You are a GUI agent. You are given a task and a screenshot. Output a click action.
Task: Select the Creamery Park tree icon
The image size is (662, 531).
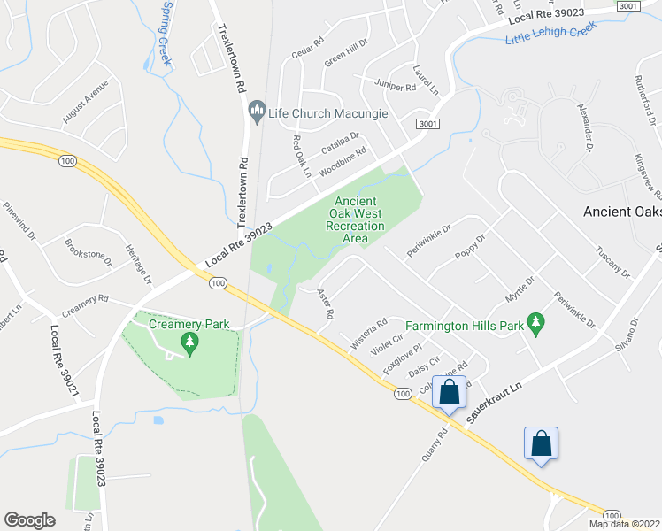coord(188,341)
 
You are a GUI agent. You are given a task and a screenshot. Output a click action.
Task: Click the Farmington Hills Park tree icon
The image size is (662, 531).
coord(535,323)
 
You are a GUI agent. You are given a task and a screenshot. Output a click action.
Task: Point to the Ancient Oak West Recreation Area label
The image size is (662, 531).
coord(355,219)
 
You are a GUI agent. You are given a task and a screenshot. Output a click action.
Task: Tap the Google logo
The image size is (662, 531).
coord(29,520)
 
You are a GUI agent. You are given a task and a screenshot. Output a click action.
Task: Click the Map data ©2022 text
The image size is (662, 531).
coord(625,524)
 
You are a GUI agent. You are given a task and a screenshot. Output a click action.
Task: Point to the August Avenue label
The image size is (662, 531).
coord(85,102)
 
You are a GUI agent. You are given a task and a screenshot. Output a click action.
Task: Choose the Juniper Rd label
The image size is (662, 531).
coord(396,87)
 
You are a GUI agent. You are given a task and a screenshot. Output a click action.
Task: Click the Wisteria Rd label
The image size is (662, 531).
coord(369,335)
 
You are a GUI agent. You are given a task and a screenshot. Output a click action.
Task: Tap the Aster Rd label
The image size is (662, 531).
coord(325,303)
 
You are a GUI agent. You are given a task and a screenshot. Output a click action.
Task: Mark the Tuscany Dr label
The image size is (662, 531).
coord(612,261)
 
